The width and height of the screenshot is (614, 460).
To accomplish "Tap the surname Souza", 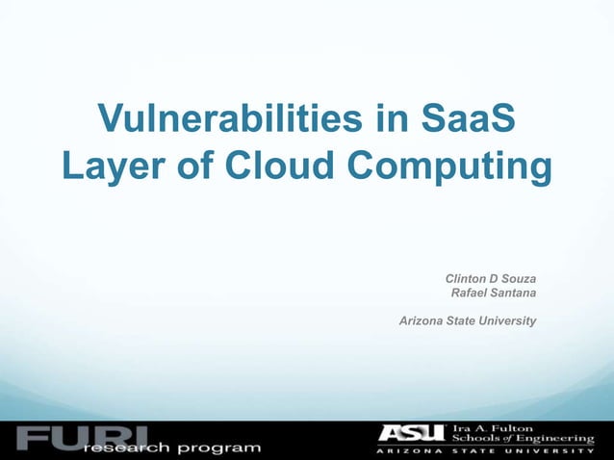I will (x=518, y=279).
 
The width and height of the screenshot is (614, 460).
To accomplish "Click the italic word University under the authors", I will (x=507, y=319).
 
